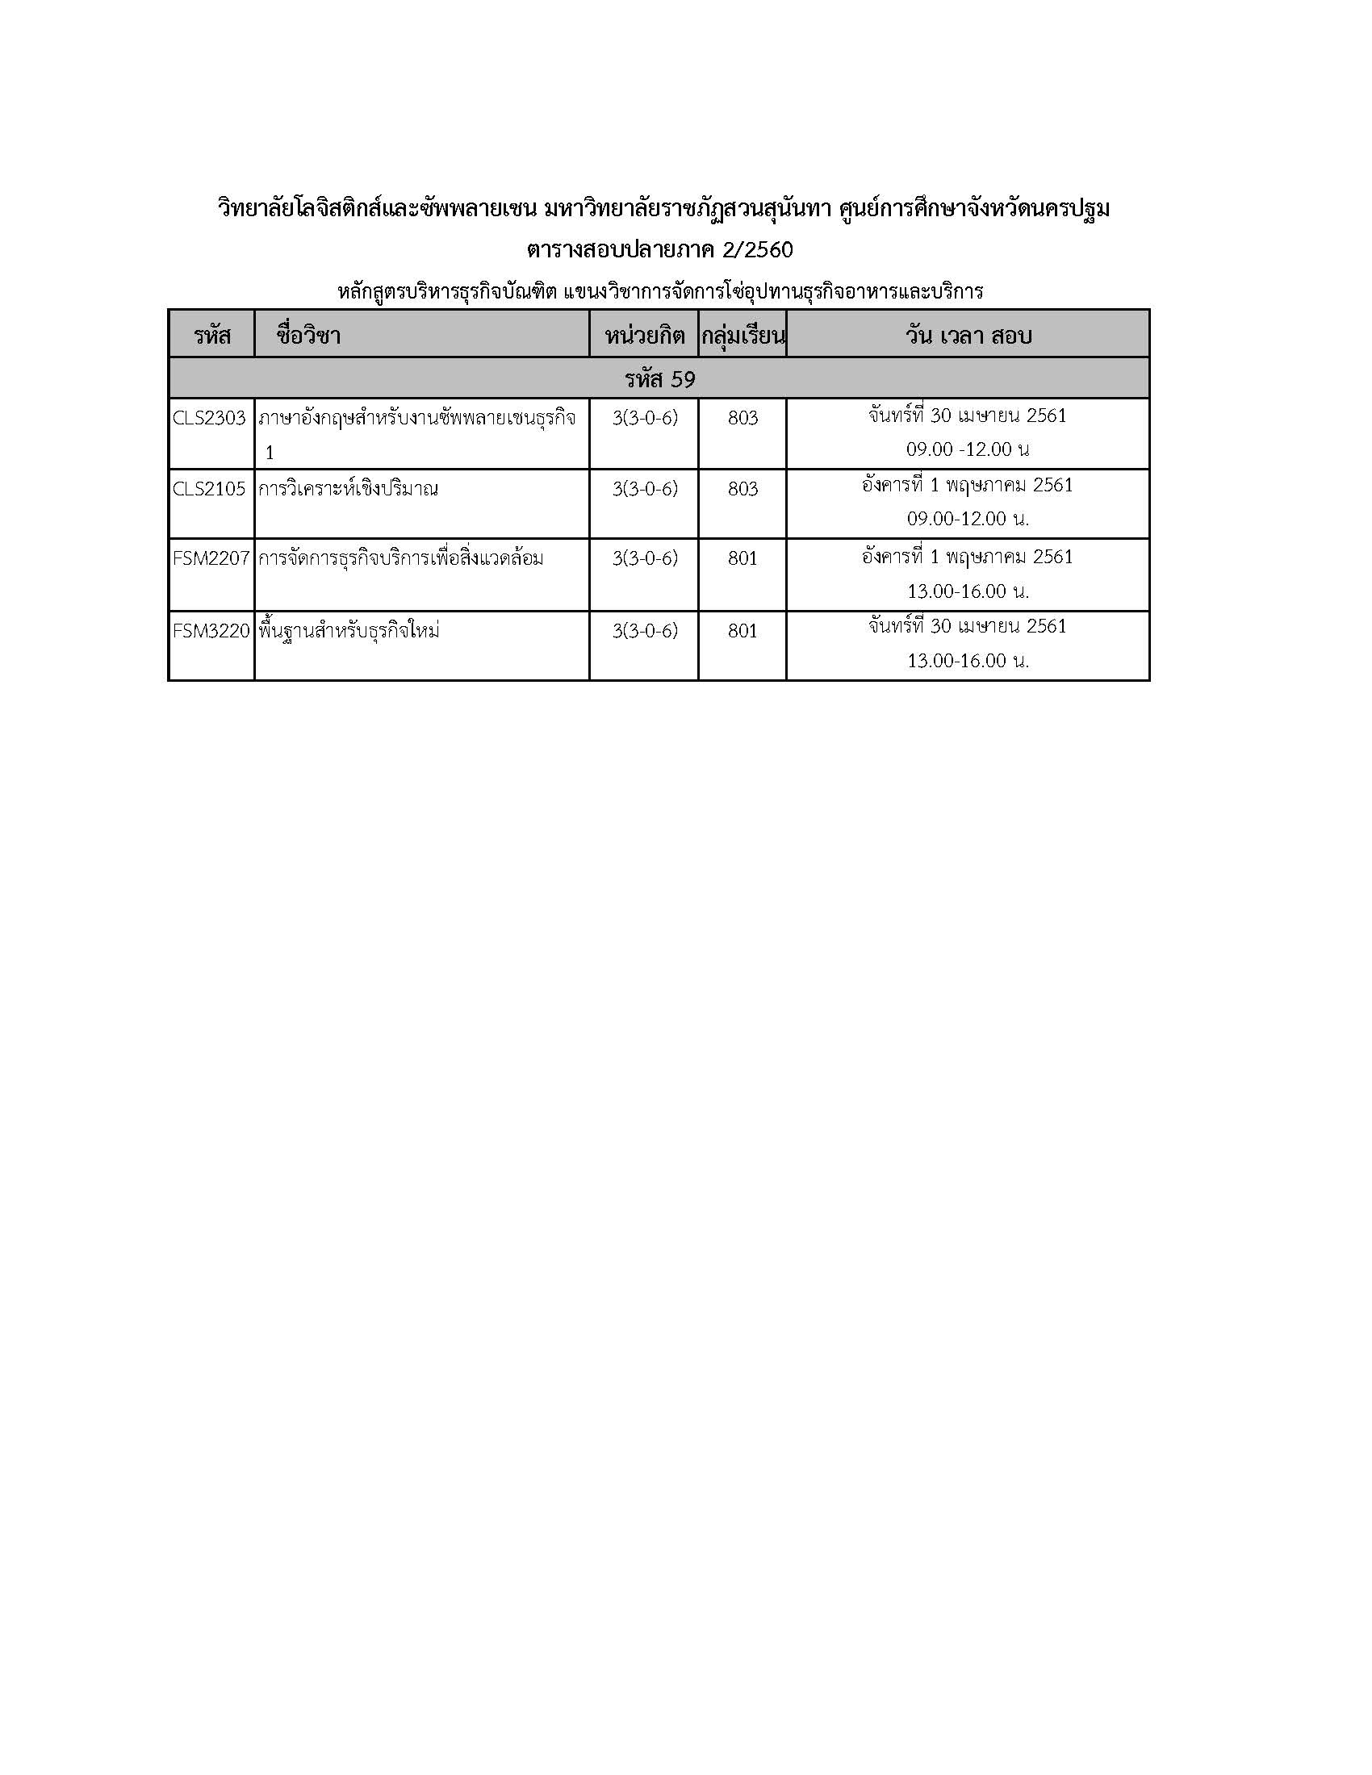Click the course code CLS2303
(x=209, y=418)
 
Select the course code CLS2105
(x=209, y=488)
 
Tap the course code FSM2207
(x=211, y=558)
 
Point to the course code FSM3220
(x=211, y=631)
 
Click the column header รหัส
(x=212, y=335)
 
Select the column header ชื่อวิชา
(x=308, y=335)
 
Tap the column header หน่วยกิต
(x=645, y=335)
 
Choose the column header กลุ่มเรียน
(x=742, y=335)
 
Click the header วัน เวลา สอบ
(x=968, y=335)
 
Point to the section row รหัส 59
(x=659, y=378)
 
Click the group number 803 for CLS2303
(x=742, y=418)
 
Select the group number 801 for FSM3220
(x=742, y=631)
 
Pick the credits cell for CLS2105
(x=645, y=488)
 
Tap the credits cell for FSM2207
(x=645, y=558)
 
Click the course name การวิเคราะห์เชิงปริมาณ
(x=348, y=488)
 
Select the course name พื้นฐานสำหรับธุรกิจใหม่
(x=349, y=631)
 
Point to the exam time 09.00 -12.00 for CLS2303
(x=967, y=449)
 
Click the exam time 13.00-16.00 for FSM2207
(x=967, y=591)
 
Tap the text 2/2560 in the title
(x=757, y=249)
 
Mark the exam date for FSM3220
(x=967, y=626)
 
